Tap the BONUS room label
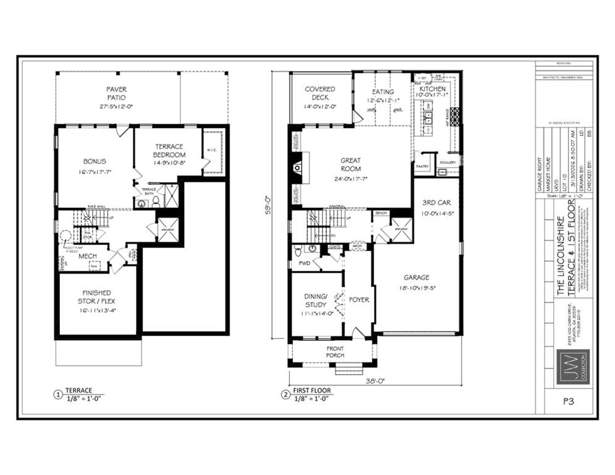click(95, 161)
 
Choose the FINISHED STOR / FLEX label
click(96, 297)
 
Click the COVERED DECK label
click(320, 93)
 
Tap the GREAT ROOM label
click(350, 165)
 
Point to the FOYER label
click(358, 300)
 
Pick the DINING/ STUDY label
click(316, 300)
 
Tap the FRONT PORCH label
click(335, 352)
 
